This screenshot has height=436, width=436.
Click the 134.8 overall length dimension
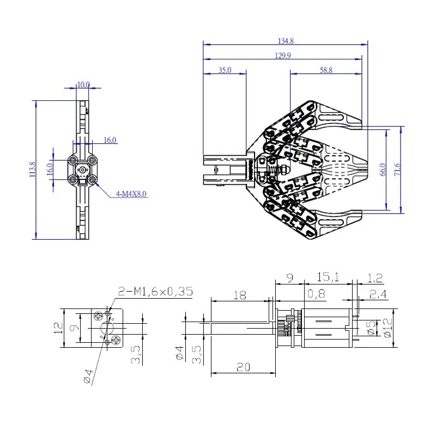pyautogui.click(x=286, y=41)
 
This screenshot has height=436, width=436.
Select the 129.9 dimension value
pyautogui.click(x=283, y=56)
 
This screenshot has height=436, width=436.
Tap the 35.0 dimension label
pyautogui.click(x=225, y=70)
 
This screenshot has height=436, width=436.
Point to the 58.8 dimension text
pyautogui.click(x=326, y=70)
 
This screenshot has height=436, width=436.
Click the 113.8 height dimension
pyautogui.click(x=33, y=169)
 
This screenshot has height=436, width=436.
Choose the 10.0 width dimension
pyautogui.click(x=83, y=84)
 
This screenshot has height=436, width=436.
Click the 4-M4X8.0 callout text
pyautogui.click(x=131, y=194)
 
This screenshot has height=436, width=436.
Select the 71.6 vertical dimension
pyautogui.click(x=398, y=169)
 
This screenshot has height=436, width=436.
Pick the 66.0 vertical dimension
pyautogui.click(x=383, y=169)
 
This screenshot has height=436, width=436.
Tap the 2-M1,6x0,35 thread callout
pyautogui.click(x=155, y=292)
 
